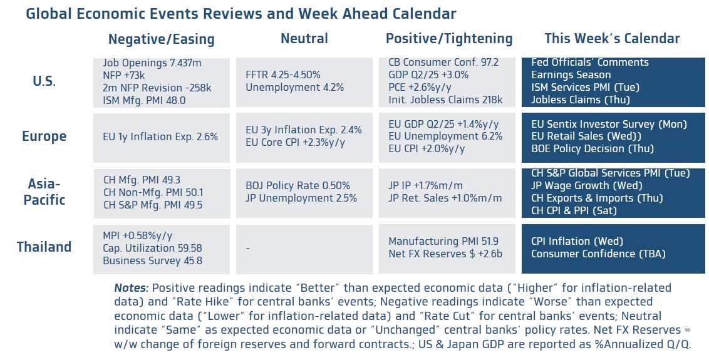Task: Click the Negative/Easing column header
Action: click(x=161, y=39)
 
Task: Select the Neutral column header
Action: click(x=304, y=39)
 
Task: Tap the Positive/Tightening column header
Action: click(x=448, y=39)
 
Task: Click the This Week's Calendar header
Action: click(x=611, y=39)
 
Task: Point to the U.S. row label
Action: click(x=44, y=81)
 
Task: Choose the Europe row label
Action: click(x=44, y=136)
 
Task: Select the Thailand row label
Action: click(x=44, y=247)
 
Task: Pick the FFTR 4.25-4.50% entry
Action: click(x=283, y=75)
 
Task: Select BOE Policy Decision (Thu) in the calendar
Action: click(x=592, y=149)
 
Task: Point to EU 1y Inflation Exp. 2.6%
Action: click(x=160, y=136)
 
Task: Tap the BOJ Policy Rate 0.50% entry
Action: click(x=298, y=186)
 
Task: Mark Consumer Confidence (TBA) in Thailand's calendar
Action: click(x=598, y=254)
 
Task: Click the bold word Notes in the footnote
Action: click(x=131, y=289)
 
